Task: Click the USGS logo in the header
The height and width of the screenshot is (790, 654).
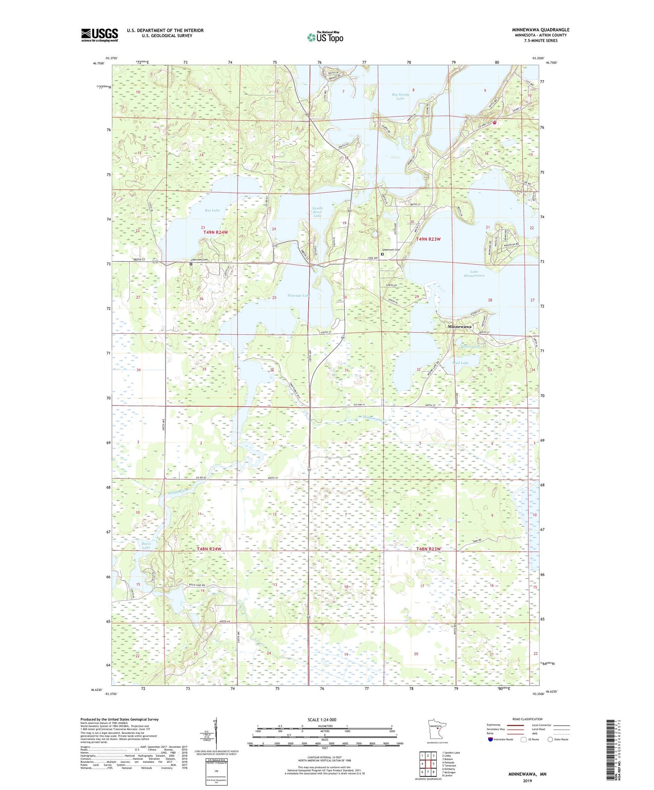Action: pos(99,35)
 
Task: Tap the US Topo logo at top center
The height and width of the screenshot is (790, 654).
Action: pos(325,37)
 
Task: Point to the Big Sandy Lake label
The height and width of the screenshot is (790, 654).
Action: pos(400,96)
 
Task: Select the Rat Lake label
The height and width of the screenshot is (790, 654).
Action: pos(212,210)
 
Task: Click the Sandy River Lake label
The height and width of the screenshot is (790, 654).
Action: pos(317,212)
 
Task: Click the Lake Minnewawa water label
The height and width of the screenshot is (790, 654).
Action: pos(473,273)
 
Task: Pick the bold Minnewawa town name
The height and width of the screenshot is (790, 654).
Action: pos(459,326)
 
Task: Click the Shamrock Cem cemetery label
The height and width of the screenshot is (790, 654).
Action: pos(391,250)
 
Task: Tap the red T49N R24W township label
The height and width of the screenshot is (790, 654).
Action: pos(215,232)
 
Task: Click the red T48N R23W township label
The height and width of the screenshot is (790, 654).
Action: pos(428,549)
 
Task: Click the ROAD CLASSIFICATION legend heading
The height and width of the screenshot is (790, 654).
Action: pos(527,719)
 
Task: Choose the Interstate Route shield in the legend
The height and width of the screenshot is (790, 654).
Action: pos(491,740)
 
